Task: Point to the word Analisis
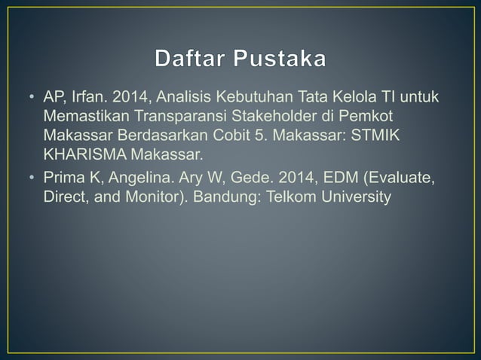coord(187,99)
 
